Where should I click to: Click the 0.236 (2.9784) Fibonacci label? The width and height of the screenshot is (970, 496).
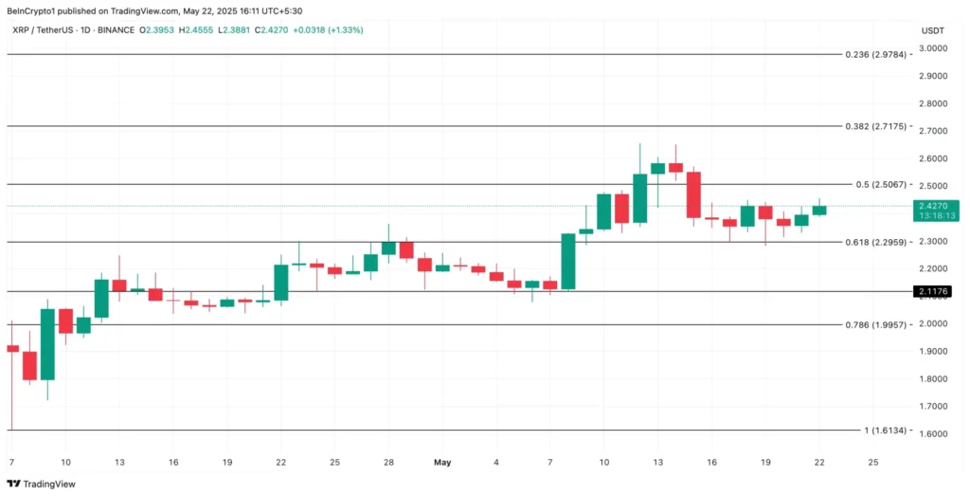pyautogui.click(x=876, y=54)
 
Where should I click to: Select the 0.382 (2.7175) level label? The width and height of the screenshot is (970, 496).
pyautogui.click(x=876, y=125)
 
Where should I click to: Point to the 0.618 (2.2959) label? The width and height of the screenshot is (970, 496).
pyautogui.click(x=876, y=242)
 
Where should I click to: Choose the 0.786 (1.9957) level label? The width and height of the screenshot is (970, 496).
pyautogui.click(x=876, y=324)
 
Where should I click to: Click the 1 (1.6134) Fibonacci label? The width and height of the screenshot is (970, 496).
pyautogui.click(x=885, y=430)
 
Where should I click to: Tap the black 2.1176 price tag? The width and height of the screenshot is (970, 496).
pyautogui.click(x=938, y=291)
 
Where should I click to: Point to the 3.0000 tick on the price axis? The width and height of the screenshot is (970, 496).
pyautogui.click(x=933, y=48)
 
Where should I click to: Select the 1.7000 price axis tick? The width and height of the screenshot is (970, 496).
pyautogui.click(x=933, y=406)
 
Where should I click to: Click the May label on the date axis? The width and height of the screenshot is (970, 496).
pyautogui.click(x=442, y=462)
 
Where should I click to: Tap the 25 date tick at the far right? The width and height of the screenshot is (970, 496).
pyautogui.click(x=873, y=462)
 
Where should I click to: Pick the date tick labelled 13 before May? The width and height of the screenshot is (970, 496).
pyautogui.click(x=119, y=462)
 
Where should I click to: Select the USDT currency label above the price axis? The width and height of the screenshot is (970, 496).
pyautogui.click(x=932, y=30)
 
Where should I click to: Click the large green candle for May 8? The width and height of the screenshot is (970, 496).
pyautogui.click(x=568, y=261)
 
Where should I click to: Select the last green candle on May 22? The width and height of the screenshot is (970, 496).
pyautogui.click(x=819, y=210)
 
